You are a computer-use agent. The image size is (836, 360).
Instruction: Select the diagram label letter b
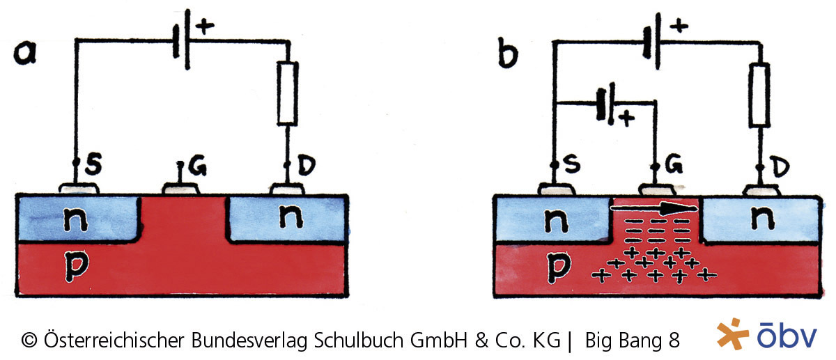tap(508, 54)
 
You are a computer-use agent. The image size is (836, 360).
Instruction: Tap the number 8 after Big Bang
tap(674, 341)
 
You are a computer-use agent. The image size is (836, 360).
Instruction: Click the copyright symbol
tap(29, 341)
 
